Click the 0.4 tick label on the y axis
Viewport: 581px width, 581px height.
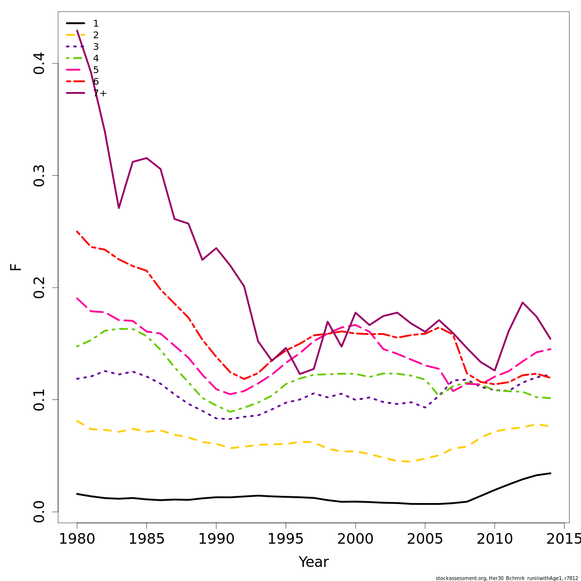click(x=39, y=63)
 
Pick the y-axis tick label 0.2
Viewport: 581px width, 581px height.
click(x=39, y=288)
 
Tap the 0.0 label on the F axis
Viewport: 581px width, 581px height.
click(x=39, y=512)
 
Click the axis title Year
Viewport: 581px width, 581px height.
click(x=313, y=562)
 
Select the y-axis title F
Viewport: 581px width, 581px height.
click(x=16, y=267)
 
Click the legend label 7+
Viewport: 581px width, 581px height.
click(x=100, y=93)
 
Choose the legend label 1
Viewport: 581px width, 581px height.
click(x=96, y=24)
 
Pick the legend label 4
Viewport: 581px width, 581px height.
click(x=96, y=59)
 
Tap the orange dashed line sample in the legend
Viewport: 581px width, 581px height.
click(x=76, y=35)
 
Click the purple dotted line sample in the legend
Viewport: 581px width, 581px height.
click(x=76, y=47)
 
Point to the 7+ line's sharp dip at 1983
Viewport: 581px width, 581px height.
click(x=119, y=208)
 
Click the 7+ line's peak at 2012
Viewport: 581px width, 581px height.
click(x=522, y=303)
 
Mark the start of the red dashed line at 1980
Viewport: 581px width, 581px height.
click(x=77, y=231)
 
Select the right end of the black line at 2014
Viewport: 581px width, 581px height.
click(x=550, y=473)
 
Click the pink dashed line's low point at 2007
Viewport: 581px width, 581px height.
click(x=453, y=391)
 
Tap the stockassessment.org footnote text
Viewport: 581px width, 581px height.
click(x=506, y=578)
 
